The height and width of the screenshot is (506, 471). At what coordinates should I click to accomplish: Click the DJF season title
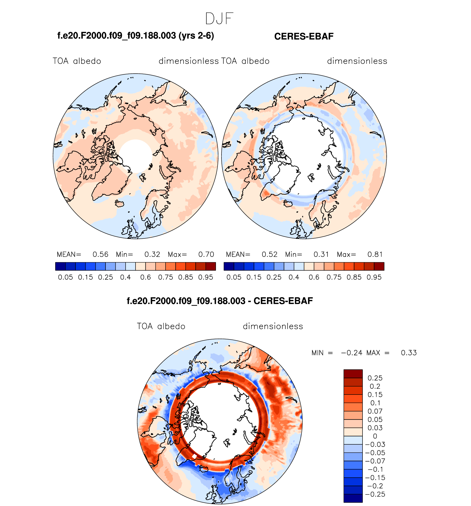[219, 19]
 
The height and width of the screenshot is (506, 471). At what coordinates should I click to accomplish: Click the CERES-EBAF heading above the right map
[304, 36]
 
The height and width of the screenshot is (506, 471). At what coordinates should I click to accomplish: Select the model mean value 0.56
[100, 254]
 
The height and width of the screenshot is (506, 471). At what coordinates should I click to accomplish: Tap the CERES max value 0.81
[375, 254]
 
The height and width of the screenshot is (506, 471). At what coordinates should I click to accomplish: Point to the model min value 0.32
[152, 254]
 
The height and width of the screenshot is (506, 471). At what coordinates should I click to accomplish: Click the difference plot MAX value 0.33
[409, 353]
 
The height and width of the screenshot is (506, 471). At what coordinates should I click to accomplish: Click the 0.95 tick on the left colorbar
[206, 277]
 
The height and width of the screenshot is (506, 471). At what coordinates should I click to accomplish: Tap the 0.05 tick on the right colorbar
[234, 277]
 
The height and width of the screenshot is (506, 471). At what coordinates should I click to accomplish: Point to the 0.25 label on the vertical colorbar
[375, 378]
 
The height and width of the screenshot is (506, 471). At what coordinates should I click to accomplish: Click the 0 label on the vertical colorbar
[375, 436]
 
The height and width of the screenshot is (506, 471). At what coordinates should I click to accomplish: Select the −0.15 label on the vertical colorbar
[375, 478]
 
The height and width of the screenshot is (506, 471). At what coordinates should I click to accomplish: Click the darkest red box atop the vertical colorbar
[353, 374]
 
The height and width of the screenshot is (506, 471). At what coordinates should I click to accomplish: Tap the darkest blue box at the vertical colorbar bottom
[353, 498]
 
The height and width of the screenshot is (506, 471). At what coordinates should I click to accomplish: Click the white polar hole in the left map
[136, 156]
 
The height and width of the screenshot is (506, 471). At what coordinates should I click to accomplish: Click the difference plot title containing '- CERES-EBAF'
[220, 301]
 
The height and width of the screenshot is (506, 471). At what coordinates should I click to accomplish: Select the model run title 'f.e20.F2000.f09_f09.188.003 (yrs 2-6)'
[136, 36]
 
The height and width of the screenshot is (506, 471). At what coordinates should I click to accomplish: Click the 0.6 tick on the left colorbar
[145, 277]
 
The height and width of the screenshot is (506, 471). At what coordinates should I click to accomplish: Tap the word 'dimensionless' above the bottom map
[273, 326]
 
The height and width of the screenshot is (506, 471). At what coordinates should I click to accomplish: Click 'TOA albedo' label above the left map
[77, 61]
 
